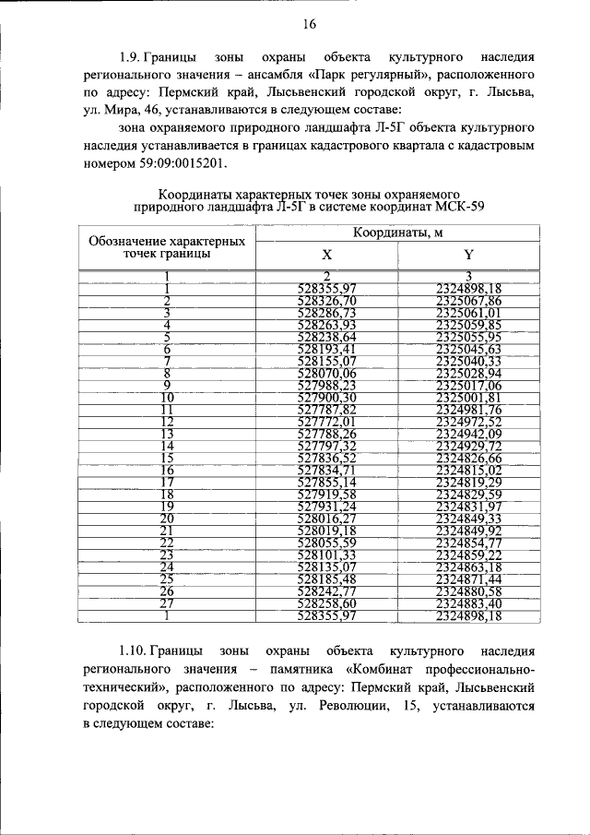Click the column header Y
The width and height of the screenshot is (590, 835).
467,255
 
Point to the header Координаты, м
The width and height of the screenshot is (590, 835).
396,232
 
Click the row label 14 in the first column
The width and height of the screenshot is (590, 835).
167,446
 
